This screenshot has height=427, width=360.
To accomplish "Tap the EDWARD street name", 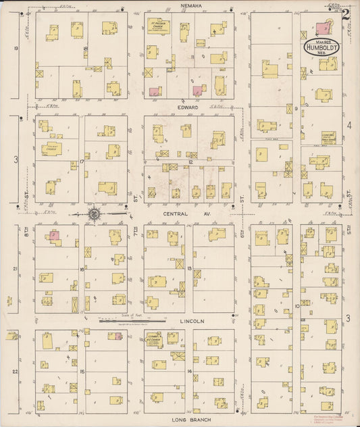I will click(x=188, y=107).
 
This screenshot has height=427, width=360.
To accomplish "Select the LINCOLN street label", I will click(x=188, y=322).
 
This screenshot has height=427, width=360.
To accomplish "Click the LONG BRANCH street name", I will click(x=188, y=420).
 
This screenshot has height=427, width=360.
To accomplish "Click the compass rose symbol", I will click(x=94, y=215).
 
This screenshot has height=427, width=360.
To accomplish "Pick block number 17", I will click(x=82, y=161).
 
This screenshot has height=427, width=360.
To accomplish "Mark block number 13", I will click(x=190, y=269).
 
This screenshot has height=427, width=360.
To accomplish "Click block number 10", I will click(x=297, y=306).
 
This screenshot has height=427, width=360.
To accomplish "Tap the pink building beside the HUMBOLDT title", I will click(x=324, y=28).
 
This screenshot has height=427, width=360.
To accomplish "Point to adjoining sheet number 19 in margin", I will click(x=14, y=49).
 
